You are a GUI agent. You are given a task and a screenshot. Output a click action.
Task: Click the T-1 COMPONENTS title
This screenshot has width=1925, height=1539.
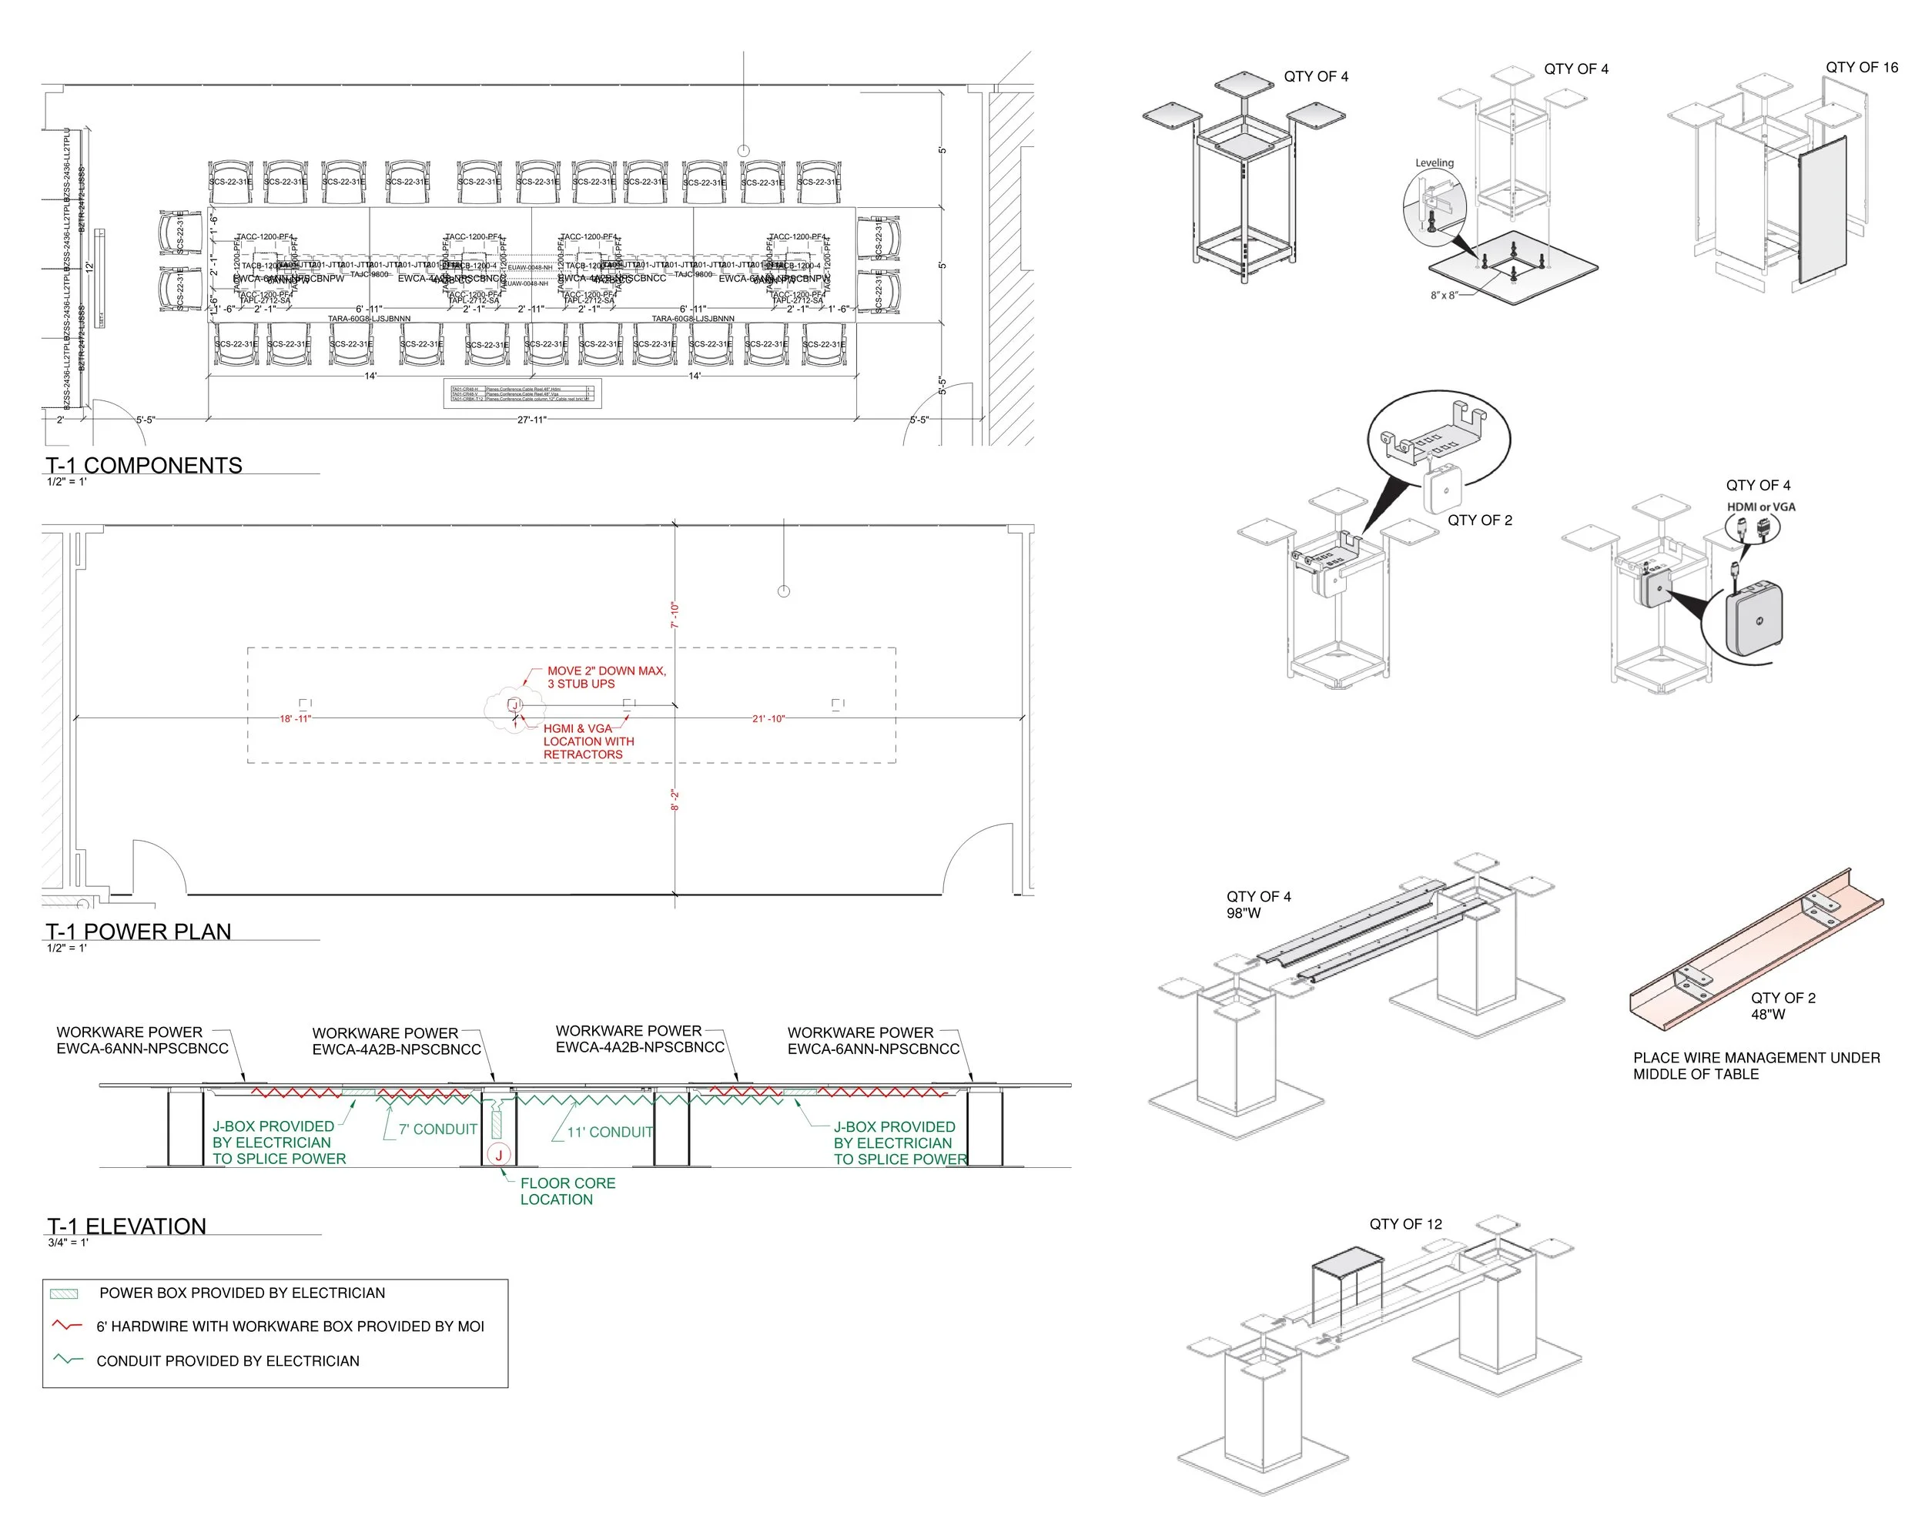144,465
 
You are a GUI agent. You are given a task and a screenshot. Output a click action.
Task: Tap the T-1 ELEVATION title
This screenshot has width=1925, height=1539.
127,1226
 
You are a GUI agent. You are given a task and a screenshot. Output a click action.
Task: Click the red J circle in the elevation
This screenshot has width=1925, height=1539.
499,1154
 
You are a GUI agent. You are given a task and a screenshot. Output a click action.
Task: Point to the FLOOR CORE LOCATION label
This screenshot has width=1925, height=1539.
567,1191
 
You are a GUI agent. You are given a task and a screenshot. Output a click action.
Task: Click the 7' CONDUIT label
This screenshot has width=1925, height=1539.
437,1129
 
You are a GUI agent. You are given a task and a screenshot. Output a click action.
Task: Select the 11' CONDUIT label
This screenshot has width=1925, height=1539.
610,1132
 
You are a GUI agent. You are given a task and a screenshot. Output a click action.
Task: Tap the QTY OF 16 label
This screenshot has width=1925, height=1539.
1862,68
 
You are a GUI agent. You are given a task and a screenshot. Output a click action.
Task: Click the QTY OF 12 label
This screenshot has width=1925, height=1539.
1405,1224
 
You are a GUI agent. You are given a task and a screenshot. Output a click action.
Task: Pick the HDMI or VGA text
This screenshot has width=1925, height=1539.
1761,507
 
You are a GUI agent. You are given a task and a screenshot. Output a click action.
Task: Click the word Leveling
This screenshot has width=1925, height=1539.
1434,162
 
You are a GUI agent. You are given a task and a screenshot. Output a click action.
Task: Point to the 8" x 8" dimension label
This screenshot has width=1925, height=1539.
1444,295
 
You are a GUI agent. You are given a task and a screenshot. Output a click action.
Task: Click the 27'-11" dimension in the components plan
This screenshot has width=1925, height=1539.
531,420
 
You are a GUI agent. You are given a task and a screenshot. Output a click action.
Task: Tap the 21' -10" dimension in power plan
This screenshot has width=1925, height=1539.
768,718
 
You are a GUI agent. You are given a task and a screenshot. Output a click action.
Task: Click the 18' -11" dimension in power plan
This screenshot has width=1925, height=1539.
296,718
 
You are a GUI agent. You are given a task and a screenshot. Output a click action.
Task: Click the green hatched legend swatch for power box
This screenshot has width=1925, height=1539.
64,1293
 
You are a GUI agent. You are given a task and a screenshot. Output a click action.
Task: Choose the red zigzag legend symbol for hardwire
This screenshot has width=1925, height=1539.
67,1326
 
